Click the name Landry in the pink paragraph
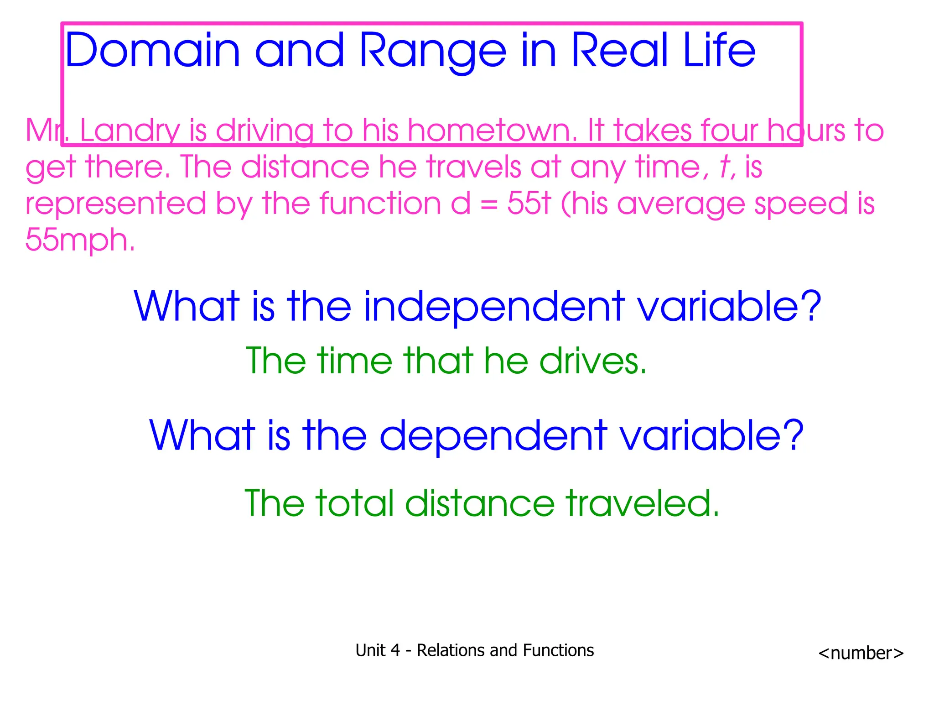click(x=130, y=131)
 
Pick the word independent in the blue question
click(x=494, y=307)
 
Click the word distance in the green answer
click(x=480, y=503)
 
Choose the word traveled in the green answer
click(x=642, y=503)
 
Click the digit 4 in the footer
click(x=395, y=650)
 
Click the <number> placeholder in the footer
click(x=861, y=653)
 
